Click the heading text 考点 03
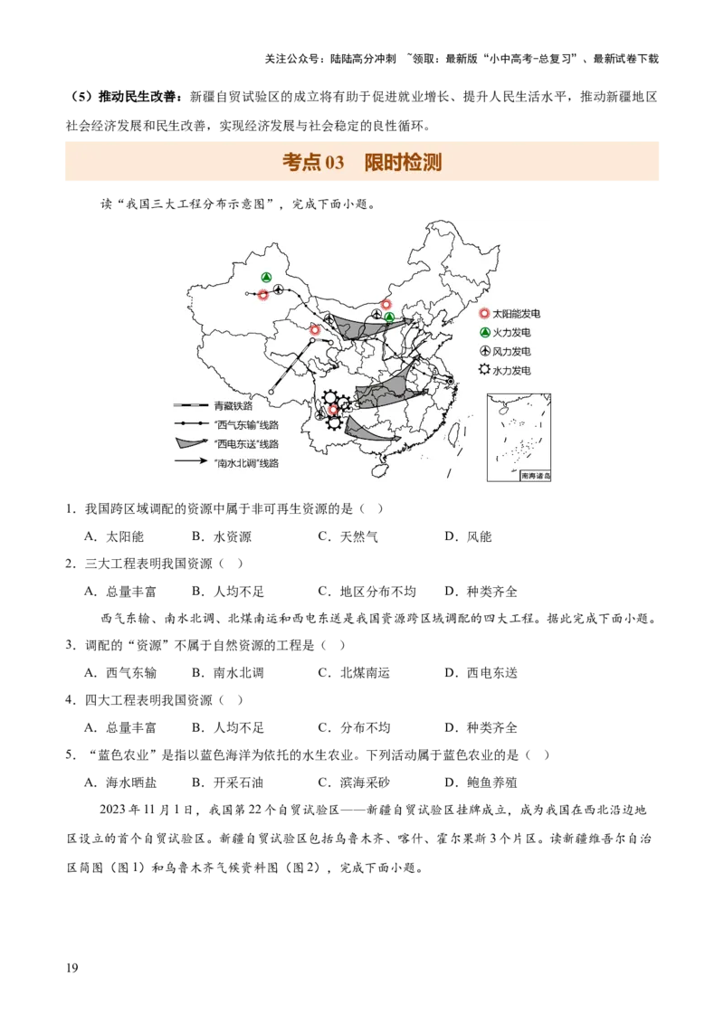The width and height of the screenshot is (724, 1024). [313, 163]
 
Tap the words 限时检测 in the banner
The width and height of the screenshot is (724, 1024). [403, 163]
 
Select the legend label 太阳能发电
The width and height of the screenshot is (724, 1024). [516, 314]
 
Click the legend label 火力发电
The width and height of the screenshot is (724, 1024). [511, 333]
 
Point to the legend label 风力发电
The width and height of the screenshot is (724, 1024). [511, 352]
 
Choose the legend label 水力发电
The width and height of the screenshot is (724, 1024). [511, 371]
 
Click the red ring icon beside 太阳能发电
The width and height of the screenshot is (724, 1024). [485, 314]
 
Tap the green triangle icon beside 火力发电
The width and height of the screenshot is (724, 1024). [485, 333]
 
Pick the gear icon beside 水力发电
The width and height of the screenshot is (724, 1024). [485, 370]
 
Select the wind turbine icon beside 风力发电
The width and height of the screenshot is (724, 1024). [485, 351]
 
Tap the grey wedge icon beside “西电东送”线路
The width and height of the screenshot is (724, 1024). [186, 443]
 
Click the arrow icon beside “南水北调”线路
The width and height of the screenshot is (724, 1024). [186, 462]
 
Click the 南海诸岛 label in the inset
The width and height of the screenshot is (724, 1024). [536, 476]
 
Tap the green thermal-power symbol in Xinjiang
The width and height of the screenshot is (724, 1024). [266, 277]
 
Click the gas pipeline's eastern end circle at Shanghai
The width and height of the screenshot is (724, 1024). [450, 381]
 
